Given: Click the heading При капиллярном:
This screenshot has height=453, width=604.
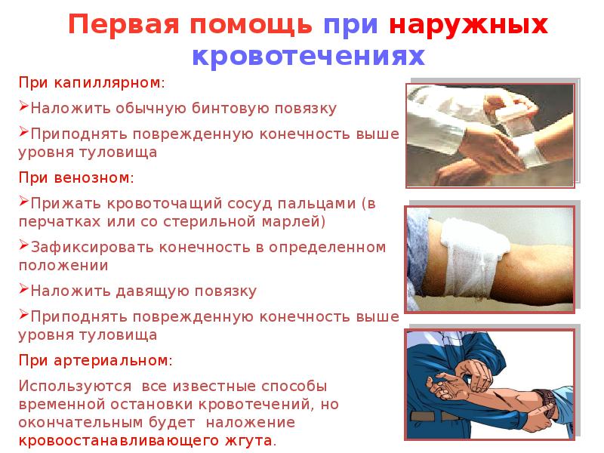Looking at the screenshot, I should [x=90, y=82].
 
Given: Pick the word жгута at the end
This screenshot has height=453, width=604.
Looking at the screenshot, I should [x=254, y=439].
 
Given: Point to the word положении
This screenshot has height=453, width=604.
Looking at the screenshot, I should [x=63, y=266].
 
